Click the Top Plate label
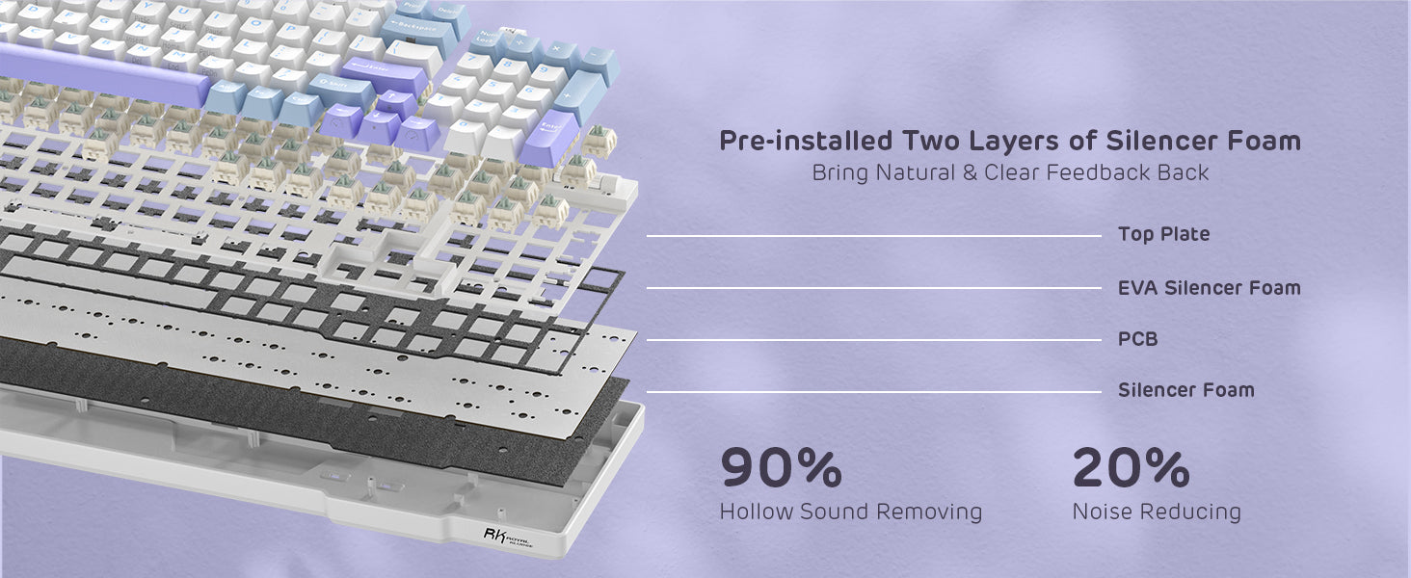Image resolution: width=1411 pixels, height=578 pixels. (1163, 234)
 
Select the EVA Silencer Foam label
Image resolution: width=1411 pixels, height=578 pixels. (1209, 287)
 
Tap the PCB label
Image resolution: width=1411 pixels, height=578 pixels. (1137, 339)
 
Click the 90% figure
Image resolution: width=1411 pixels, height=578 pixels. (781, 468)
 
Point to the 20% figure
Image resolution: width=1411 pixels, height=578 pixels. (1131, 468)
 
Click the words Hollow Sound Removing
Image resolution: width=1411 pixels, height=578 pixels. (850, 512)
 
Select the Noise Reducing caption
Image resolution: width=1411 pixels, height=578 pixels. (1157, 512)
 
